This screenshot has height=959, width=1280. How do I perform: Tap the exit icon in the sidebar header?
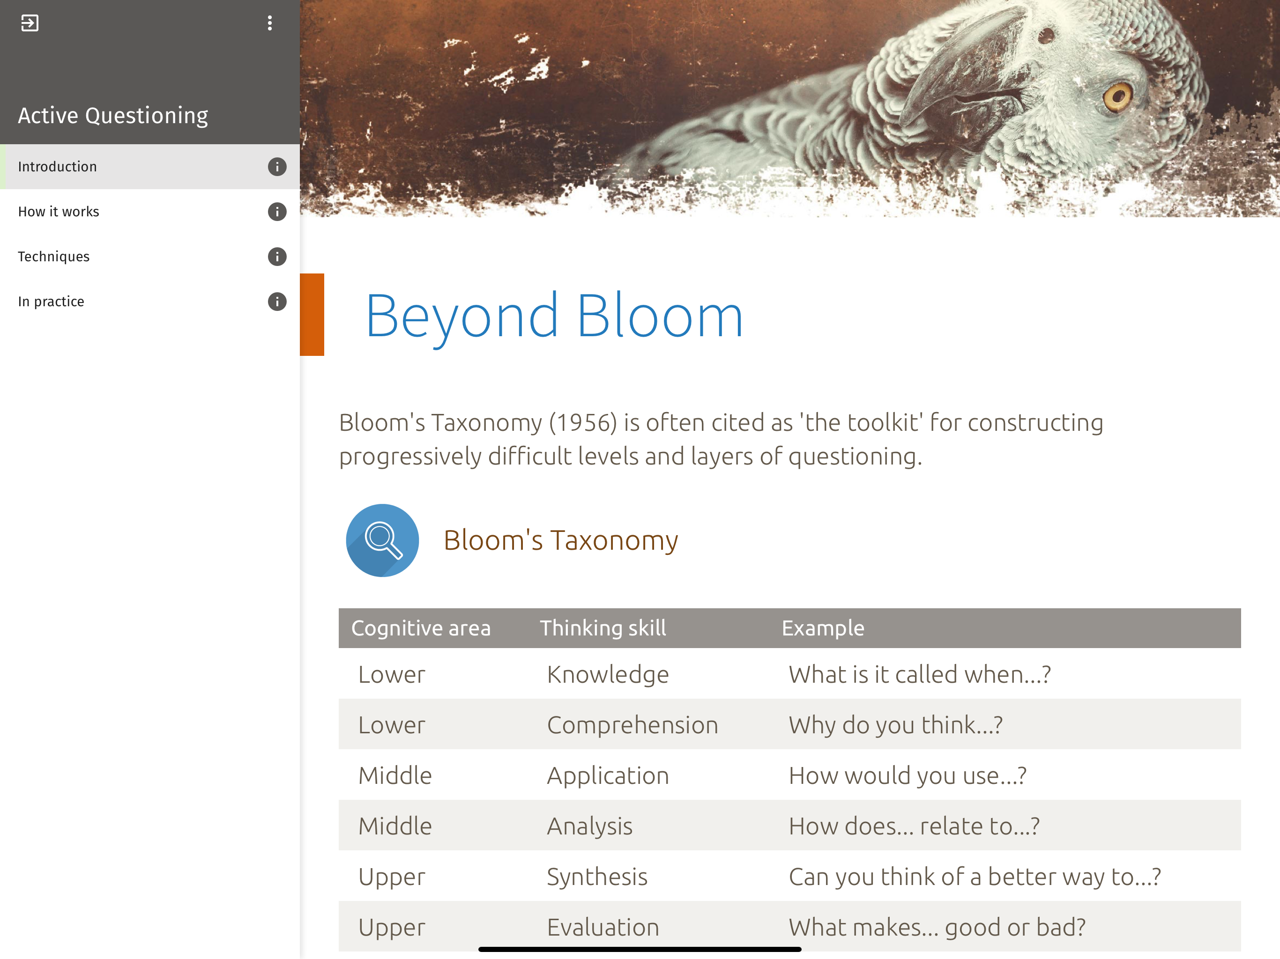(x=30, y=23)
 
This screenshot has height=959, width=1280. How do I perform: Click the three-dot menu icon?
(x=270, y=23)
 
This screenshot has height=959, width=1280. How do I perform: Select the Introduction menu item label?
(x=57, y=167)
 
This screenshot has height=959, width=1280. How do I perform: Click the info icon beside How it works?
(x=277, y=212)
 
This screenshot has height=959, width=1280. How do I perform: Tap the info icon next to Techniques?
(x=277, y=256)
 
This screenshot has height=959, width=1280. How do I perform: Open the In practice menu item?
(x=51, y=302)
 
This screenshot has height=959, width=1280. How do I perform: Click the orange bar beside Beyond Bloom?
(x=312, y=314)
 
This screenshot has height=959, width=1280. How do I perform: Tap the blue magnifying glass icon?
(x=382, y=540)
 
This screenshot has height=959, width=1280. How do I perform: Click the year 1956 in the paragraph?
(x=583, y=423)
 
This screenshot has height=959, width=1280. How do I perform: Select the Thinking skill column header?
(x=603, y=628)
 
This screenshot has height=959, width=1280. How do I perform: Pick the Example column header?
(x=823, y=628)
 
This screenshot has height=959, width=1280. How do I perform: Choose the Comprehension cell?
(x=633, y=725)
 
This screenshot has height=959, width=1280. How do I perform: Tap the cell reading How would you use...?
(x=908, y=775)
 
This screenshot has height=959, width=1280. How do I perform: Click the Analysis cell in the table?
(x=590, y=826)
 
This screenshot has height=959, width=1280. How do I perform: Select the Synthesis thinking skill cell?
(x=597, y=877)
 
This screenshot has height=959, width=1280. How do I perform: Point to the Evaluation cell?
(x=603, y=927)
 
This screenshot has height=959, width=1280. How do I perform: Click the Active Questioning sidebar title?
(x=113, y=116)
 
